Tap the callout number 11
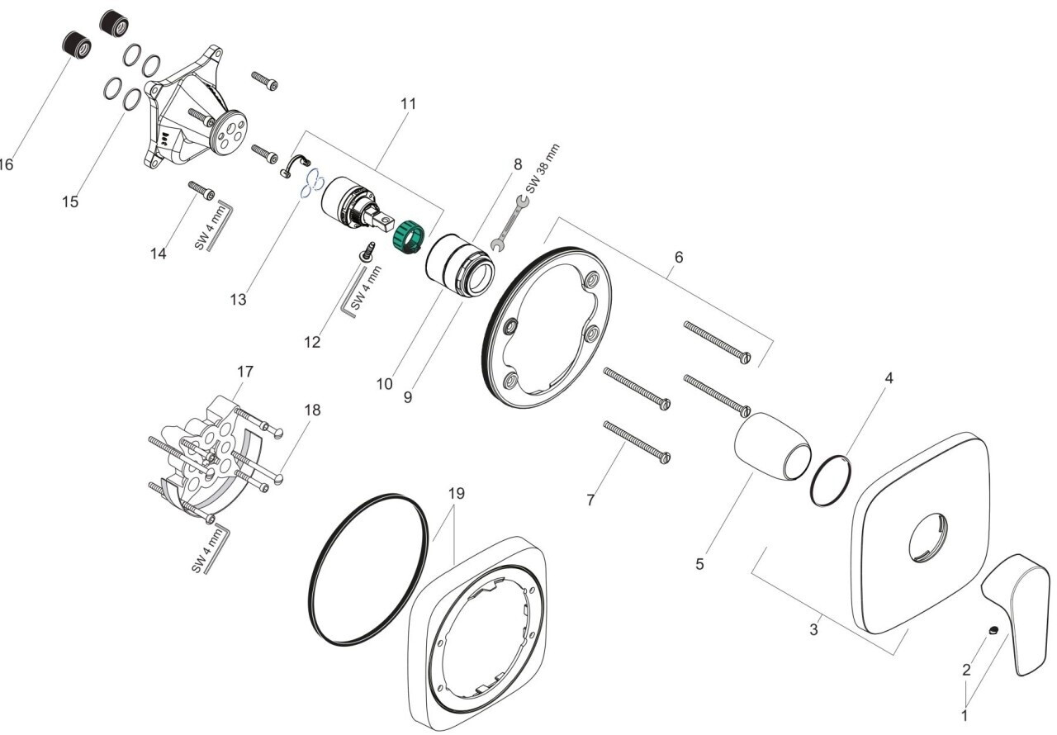[x=407, y=105]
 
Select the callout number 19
[x=457, y=494]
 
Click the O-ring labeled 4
[x=828, y=480]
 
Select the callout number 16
[x=7, y=164]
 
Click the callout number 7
[x=590, y=500]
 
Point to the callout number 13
[x=238, y=300]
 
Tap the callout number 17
[x=245, y=371]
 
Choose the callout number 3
[x=814, y=630]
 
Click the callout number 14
[x=158, y=254]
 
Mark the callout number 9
[x=408, y=396]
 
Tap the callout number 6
[x=678, y=257]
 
